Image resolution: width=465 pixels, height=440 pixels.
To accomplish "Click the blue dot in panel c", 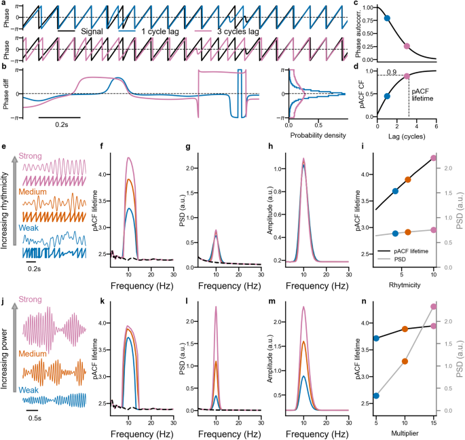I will (x=387, y=18).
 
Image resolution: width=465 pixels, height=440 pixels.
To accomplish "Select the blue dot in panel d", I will (x=387, y=96).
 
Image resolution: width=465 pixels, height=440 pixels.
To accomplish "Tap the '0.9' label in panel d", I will (x=390, y=71).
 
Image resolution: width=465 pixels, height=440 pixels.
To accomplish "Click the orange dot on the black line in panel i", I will (x=408, y=180).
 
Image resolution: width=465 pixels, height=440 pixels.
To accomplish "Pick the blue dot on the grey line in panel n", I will (x=375, y=396).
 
